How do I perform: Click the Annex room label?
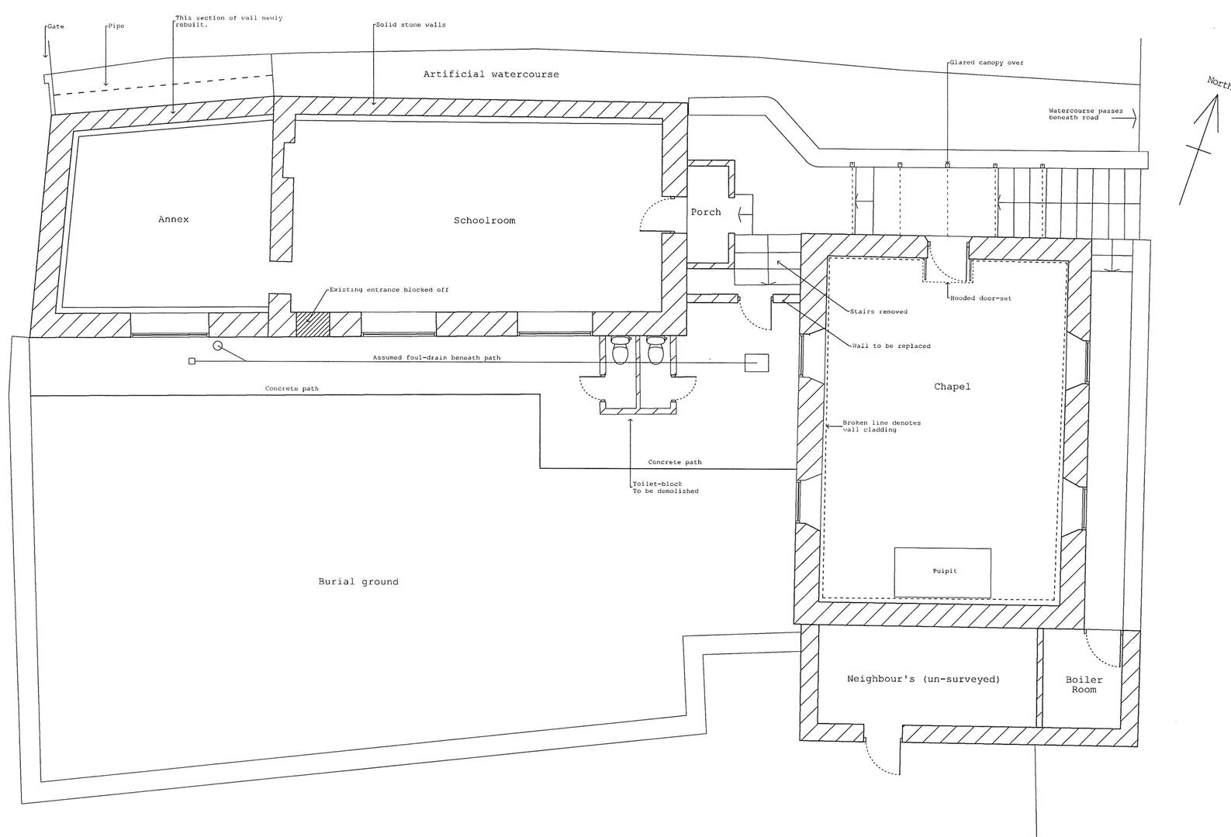(x=173, y=219)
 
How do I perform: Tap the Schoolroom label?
(x=484, y=221)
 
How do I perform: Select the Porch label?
(x=705, y=212)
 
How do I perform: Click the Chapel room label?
(x=952, y=387)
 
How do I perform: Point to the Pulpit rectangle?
(x=942, y=572)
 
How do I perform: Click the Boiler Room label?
(x=1084, y=684)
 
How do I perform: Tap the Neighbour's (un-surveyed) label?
(x=923, y=679)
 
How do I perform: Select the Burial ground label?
(x=358, y=582)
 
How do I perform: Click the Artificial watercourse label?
(x=490, y=74)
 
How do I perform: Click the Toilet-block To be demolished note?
(x=665, y=487)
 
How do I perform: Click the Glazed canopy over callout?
(x=987, y=63)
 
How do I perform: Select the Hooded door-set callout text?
(x=980, y=298)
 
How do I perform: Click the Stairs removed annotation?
(x=878, y=312)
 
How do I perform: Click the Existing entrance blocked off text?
(x=389, y=290)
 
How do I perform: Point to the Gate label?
(x=56, y=26)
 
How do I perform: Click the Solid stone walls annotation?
(x=410, y=25)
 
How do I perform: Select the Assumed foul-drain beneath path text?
(x=436, y=358)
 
